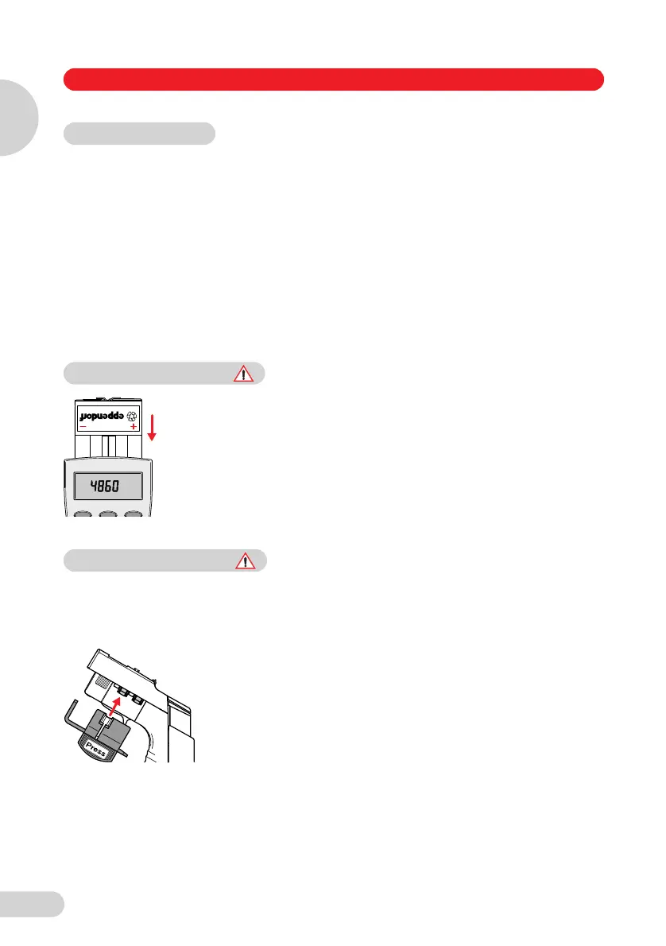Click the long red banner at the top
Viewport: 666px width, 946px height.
click(333, 79)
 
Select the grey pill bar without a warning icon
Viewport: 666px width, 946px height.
click(139, 133)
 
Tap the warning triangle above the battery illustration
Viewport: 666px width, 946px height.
click(246, 373)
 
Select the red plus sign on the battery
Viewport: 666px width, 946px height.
click(133, 428)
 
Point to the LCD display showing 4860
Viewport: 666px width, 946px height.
click(108, 486)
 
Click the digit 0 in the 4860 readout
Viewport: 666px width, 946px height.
click(130, 486)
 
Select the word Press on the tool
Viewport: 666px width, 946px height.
click(97, 744)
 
